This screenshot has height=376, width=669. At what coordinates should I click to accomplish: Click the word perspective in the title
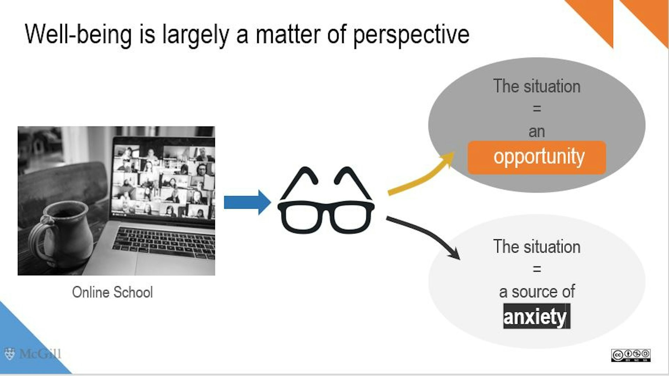pyautogui.click(x=411, y=35)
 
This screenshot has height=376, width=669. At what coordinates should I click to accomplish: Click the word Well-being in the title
pyautogui.click(x=78, y=35)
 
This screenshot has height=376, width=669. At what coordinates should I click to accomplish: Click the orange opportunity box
pyautogui.click(x=537, y=157)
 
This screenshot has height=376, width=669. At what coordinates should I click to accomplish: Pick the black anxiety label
pyautogui.click(x=537, y=316)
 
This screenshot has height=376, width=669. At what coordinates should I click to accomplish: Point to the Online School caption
pyautogui.click(x=112, y=292)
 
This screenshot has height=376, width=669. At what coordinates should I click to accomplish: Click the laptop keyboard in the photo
pyautogui.click(x=164, y=242)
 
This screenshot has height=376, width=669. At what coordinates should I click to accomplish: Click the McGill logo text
pyautogui.click(x=40, y=354)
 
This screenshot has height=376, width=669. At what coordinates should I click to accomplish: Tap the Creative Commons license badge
pyautogui.click(x=631, y=355)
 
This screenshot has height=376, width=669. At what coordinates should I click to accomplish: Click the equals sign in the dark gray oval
pyautogui.click(x=537, y=109)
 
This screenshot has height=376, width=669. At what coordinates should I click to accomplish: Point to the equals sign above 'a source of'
pyautogui.click(x=537, y=269)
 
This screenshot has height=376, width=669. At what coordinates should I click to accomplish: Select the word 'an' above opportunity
pyautogui.click(x=537, y=132)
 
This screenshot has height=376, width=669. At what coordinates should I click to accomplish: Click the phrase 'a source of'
pyautogui.click(x=537, y=292)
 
